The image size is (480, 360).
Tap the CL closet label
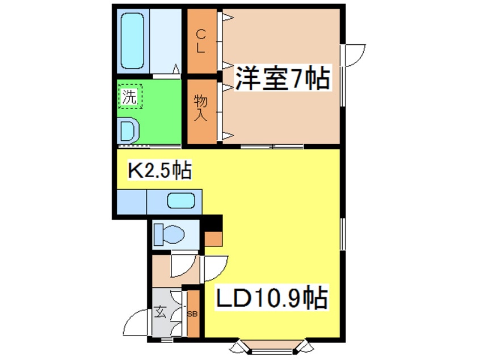200,41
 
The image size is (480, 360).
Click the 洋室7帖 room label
283,78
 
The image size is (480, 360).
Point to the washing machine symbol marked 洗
130,96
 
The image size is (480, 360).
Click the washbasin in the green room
128,131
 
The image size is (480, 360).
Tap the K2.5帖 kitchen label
159,171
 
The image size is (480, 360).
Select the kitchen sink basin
181,201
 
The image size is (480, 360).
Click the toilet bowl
174,235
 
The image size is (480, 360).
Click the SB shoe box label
192,315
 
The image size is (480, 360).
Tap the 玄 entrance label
160,312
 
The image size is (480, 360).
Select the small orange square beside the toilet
213,238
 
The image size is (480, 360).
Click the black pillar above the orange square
213,223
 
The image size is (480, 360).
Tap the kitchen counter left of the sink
132,202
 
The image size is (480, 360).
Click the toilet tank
158,235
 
